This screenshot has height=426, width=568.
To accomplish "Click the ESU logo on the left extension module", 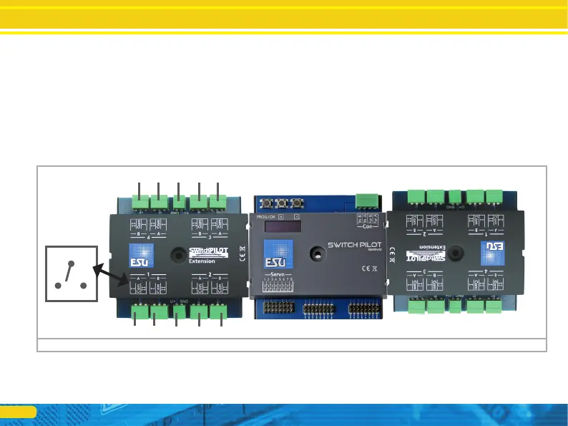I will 139,255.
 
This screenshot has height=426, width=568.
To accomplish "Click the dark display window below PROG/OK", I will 282,226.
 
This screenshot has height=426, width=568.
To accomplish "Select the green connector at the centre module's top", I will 368,200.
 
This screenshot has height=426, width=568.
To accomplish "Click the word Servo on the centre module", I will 275,274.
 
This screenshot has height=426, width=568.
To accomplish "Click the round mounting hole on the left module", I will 176,254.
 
